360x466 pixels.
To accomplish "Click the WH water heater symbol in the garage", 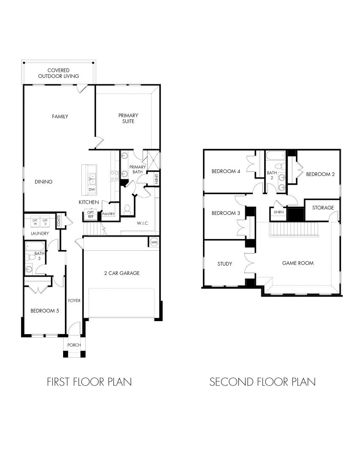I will (x=154, y=242).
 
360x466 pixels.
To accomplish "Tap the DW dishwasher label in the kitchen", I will (x=91, y=189).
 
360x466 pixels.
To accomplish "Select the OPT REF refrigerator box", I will (x=91, y=214).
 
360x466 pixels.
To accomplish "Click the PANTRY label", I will (x=108, y=214).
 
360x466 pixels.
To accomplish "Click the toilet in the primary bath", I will (x=127, y=209).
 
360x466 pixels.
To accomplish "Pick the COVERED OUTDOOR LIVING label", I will (x=58, y=73).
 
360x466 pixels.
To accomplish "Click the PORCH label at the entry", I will (x=74, y=345).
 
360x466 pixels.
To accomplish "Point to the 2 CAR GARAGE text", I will (x=122, y=273).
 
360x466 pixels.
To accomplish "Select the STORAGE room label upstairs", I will (x=323, y=208).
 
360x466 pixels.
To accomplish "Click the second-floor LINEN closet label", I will (x=278, y=212).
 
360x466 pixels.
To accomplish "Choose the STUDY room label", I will (x=224, y=264).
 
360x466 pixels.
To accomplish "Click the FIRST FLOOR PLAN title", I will (x=89, y=382).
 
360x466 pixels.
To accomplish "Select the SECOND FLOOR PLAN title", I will (x=263, y=382).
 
